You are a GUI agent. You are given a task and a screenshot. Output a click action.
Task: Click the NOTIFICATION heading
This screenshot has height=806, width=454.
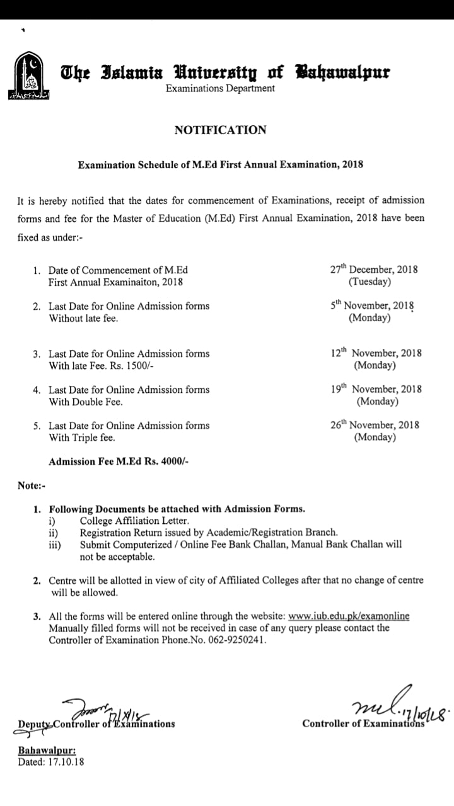(x=220, y=130)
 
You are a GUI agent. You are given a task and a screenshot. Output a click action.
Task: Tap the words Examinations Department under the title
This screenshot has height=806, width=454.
(x=220, y=89)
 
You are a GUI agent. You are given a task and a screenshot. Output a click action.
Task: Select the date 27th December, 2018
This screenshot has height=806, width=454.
(x=374, y=270)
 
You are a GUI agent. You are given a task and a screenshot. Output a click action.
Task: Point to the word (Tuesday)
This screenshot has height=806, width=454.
(x=370, y=281)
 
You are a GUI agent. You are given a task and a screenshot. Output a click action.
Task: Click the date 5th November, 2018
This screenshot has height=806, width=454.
(x=373, y=305)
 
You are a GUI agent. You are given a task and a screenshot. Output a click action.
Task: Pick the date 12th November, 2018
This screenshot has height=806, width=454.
(x=376, y=353)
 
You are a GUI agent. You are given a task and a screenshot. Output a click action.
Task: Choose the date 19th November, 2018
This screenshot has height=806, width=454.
(x=376, y=389)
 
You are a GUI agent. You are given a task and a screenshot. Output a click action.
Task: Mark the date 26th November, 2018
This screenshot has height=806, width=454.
(x=375, y=425)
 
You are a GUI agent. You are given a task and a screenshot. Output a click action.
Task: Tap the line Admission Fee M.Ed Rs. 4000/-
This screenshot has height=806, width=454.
(x=119, y=462)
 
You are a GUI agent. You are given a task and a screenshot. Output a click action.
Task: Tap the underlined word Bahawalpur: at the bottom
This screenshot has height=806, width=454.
(x=47, y=751)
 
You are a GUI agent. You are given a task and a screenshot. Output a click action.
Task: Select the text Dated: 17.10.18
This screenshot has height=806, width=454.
(x=51, y=761)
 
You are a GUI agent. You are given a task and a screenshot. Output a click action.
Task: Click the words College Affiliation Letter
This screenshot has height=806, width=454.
(x=134, y=521)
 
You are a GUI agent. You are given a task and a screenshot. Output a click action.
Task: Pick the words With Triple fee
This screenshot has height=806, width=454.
(x=82, y=437)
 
